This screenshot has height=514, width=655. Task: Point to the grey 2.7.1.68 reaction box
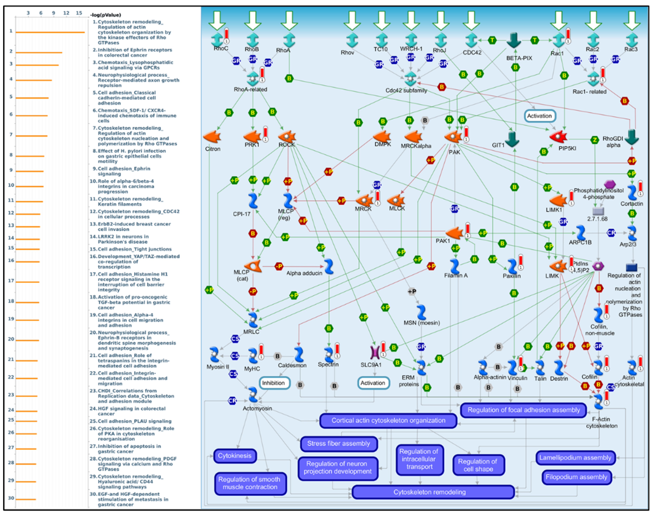tap(598, 211)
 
